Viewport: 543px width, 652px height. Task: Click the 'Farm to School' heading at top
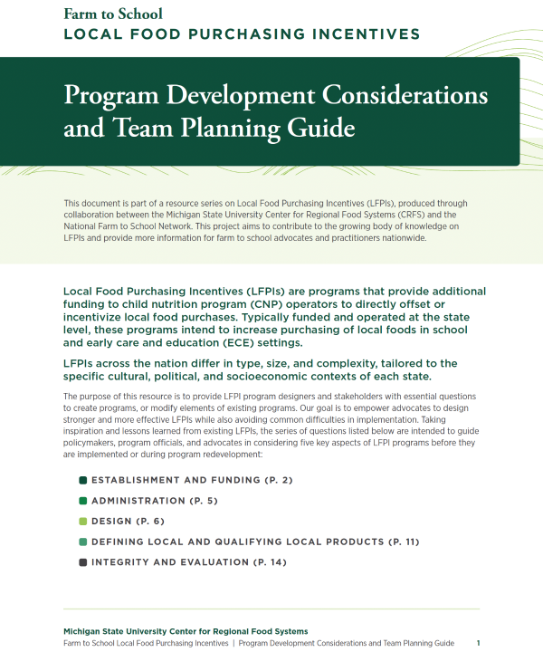pos(113,14)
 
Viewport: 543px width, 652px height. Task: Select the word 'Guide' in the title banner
pos(317,128)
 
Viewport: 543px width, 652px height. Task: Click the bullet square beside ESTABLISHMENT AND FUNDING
pos(82,480)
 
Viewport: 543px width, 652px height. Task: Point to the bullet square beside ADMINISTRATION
pos(82,501)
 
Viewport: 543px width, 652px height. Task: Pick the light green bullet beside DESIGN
pos(82,522)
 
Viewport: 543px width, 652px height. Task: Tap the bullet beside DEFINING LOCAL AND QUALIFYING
pos(82,542)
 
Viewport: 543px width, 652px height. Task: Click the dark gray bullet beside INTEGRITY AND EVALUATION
pos(82,563)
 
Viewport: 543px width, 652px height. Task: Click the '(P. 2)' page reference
pos(275,480)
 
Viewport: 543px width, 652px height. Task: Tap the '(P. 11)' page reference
pos(403,542)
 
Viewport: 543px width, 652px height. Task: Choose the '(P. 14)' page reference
pos(268,563)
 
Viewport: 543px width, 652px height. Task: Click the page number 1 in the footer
pos(479,643)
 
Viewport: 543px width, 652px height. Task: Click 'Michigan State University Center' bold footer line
pos(185,631)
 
